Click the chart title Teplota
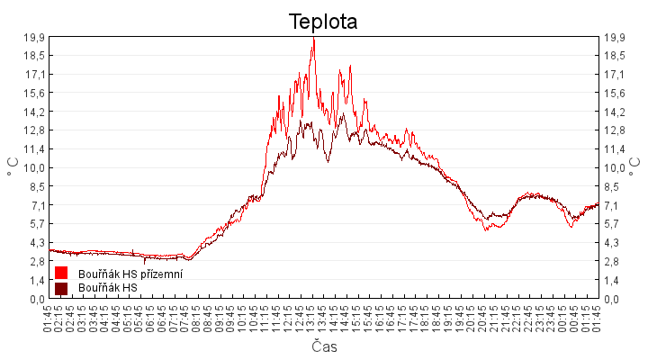click(323, 22)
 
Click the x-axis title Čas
click(324, 346)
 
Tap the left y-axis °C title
click(13, 167)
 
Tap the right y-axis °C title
click(634, 167)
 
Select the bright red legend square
click(61, 273)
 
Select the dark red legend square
click(61, 288)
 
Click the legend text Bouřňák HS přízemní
click(130, 274)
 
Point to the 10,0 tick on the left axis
click(34, 167)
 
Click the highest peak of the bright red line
click(313, 39)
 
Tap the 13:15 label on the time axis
click(312, 317)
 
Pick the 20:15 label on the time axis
click(472, 317)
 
